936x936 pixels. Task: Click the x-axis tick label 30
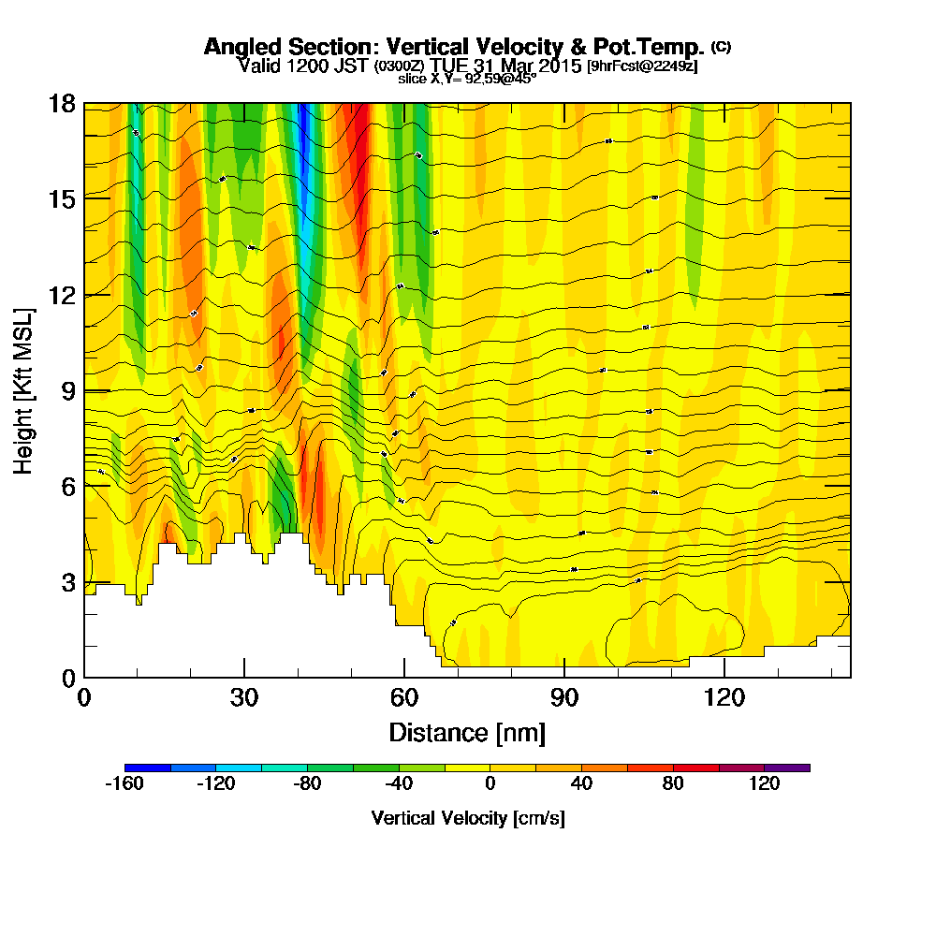[244, 697]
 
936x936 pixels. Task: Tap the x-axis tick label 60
[404, 697]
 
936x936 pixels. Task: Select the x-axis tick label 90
[564, 697]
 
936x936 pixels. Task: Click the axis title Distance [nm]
[467, 732]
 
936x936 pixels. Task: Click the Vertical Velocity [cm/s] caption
[467, 818]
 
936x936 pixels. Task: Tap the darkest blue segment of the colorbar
[147, 768]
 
